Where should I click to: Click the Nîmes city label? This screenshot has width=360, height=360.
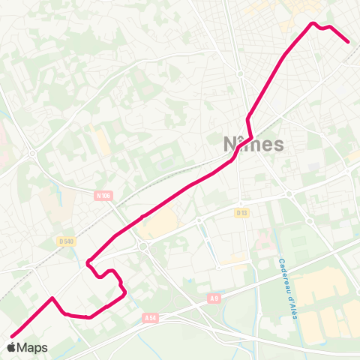click(253, 143)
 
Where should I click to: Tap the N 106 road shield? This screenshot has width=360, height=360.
click(103, 196)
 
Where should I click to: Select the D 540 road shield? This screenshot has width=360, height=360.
click(67, 241)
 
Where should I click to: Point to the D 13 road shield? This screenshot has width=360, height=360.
click(241, 213)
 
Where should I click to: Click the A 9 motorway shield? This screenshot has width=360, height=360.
click(215, 299)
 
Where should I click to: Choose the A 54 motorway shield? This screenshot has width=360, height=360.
click(149, 317)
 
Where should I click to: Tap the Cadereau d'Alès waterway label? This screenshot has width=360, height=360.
click(289, 288)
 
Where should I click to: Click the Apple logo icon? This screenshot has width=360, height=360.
click(11, 347)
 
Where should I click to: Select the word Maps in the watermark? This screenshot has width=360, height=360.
click(32, 347)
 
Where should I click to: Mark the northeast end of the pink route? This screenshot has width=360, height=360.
click(349, 42)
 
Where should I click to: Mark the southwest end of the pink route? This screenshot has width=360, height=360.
click(11, 336)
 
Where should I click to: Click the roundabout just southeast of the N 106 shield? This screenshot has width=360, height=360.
click(143, 245)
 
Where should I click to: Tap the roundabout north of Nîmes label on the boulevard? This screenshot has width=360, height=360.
click(238, 74)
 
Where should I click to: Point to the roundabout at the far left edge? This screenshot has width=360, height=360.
click(32, 153)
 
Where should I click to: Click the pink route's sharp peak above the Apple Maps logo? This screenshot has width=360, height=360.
click(52, 298)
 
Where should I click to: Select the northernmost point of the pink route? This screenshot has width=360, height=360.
click(313, 23)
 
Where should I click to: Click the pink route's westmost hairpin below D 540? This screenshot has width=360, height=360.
click(88, 262)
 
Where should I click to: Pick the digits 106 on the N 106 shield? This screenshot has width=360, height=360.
click(106, 196)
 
